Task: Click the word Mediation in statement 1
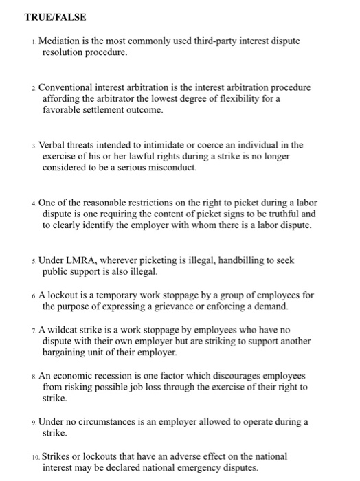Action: tap(61, 41)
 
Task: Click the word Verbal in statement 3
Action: tap(54, 145)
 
